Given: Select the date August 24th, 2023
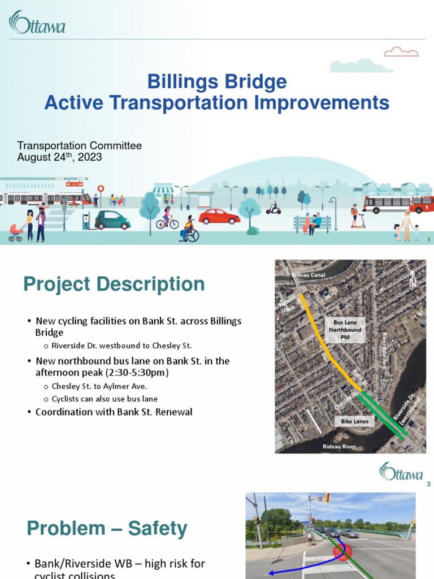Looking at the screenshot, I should (x=59, y=158).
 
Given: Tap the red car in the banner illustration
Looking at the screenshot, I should (x=219, y=217).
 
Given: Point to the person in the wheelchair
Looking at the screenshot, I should (x=188, y=230).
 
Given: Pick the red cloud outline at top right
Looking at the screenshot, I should (x=401, y=53).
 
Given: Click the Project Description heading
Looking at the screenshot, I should (x=114, y=284).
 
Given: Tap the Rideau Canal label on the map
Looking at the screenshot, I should (x=308, y=275).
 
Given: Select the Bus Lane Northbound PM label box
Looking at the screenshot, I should (x=345, y=330).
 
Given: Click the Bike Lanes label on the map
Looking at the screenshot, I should (x=354, y=421).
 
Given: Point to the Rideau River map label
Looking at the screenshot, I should (x=339, y=447).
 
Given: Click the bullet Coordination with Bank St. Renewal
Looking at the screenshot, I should (x=114, y=412).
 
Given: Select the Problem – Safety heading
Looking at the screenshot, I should (x=107, y=529).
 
